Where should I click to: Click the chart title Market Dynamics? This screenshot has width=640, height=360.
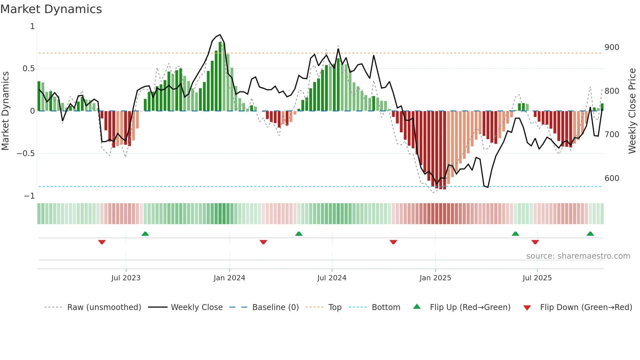(x=51, y=9)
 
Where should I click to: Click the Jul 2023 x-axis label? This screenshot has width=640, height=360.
(x=126, y=278)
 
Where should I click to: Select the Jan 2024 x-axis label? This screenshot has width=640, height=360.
(x=229, y=278)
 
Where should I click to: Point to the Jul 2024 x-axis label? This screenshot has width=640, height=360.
(x=332, y=278)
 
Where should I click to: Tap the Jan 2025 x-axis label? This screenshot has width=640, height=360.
(x=435, y=278)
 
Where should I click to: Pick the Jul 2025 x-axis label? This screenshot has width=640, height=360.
(x=537, y=278)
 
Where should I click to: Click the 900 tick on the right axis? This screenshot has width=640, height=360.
(x=612, y=47)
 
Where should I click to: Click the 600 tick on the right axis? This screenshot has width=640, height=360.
(x=612, y=178)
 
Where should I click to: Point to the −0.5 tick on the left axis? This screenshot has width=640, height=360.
(x=25, y=154)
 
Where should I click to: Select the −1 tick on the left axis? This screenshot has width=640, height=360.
(x=29, y=196)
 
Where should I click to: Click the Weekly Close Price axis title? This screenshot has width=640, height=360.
(x=632, y=111)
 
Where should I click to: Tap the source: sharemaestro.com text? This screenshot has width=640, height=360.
(x=578, y=256)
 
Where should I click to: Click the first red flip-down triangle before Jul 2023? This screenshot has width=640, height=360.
(x=102, y=242)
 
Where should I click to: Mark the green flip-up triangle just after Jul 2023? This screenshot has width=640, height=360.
(x=145, y=234)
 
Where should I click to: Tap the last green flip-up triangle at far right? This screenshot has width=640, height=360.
(x=590, y=234)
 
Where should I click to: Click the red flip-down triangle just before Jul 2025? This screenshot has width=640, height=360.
(x=535, y=242)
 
